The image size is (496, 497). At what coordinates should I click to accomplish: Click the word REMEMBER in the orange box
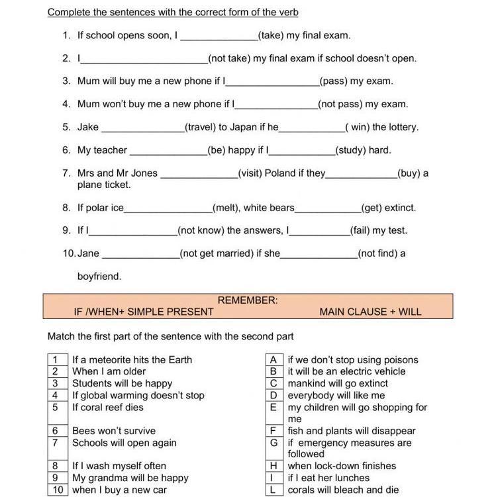(x=247, y=300)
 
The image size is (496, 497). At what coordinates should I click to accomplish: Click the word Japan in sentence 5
(x=242, y=127)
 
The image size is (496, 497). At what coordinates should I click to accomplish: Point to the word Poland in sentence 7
(x=280, y=173)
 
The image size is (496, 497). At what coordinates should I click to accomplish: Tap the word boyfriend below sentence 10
(x=99, y=276)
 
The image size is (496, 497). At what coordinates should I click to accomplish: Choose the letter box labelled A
(x=273, y=360)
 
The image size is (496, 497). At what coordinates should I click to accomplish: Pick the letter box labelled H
(x=273, y=466)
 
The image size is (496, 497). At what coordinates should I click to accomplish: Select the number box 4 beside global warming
(x=56, y=396)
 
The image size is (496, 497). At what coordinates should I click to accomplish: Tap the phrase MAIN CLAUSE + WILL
(x=370, y=312)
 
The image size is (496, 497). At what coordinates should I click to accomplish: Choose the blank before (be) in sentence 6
(x=168, y=151)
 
